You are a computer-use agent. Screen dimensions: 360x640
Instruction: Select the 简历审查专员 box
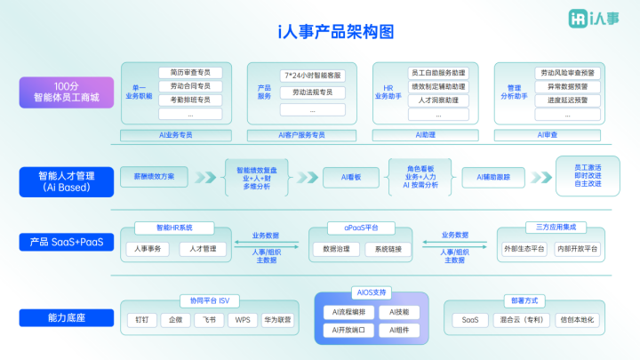click(190, 73)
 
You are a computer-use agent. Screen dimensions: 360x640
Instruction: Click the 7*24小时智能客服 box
click(312, 76)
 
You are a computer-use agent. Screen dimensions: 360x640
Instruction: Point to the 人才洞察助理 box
click(438, 100)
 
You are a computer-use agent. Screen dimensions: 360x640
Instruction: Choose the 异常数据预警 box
click(562, 86)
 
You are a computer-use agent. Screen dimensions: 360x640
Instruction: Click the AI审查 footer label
click(548, 134)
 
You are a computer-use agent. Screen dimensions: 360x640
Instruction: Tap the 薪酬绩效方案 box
click(155, 177)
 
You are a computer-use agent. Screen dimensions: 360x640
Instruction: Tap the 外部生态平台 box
click(524, 249)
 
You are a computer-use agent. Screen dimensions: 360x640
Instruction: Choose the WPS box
click(242, 319)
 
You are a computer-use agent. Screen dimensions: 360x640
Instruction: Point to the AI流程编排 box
click(344, 312)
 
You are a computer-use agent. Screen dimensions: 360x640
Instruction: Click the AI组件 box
click(394, 330)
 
